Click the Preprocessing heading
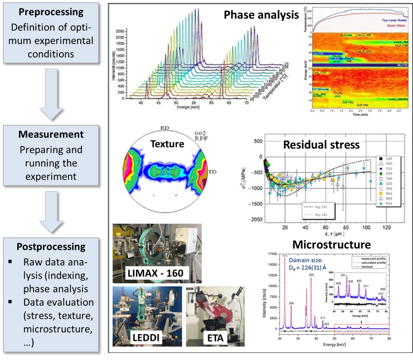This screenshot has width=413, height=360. pos(51,12)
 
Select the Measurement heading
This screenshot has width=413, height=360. pos(51,134)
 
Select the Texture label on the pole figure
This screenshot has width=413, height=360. pos(167,144)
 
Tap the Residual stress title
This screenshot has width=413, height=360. pos(321,145)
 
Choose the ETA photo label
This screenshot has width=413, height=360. pos(214,338)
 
